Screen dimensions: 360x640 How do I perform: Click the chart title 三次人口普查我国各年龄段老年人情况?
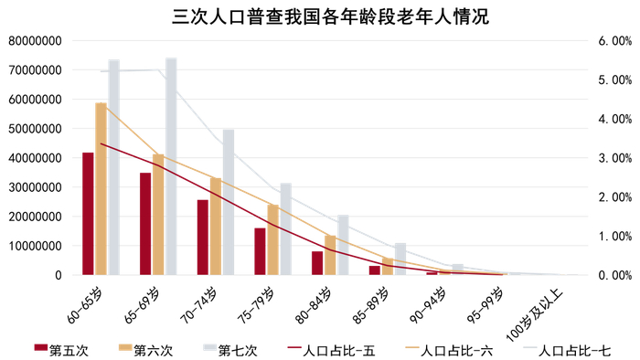click(320, 16)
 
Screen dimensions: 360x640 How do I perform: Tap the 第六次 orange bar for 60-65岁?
click(101, 188)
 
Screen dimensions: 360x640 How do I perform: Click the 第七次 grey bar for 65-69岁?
click(171, 166)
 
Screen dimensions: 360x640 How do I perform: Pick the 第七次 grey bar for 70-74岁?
click(229, 202)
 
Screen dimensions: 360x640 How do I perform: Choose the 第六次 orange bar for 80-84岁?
click(330, 255)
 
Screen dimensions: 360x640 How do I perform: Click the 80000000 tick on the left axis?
click(36, 41)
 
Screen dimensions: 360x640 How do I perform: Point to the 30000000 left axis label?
click(36, 187)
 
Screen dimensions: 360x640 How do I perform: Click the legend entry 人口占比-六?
click(457, 348)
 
